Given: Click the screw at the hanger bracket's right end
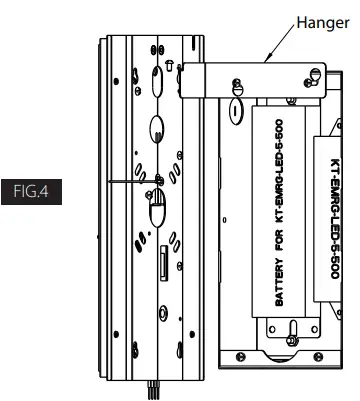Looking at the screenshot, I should (315, 71).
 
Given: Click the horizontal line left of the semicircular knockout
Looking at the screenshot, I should (126, 184).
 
